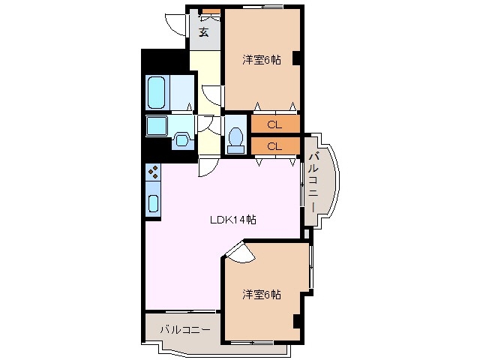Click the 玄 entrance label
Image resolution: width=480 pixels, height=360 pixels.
[x=204, y=31]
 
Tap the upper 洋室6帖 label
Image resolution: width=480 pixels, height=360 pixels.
[x=261, y=60]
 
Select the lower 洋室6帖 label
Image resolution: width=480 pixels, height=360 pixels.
[x=261, y=294]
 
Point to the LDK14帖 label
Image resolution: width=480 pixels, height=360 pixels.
[x=232, y=220]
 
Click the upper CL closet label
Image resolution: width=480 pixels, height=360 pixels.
[x=274, y=124]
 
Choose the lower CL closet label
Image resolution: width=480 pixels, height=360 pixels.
[x=274, y=145]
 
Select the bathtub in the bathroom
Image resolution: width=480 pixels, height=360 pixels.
[x=157, y=92]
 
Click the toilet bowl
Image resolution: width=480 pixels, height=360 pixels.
[x=235, y=138]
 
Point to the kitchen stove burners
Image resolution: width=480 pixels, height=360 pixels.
[x=153, y=172]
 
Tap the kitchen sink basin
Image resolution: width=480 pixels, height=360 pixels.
[x=153, y=202]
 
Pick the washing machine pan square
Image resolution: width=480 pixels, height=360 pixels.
[x=157, y=125]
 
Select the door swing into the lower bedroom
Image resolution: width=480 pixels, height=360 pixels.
[x=238, y=253]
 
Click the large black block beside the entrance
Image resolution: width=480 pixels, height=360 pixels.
[x=165, y=60]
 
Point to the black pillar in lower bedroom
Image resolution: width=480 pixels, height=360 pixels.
[x=297, y=321]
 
